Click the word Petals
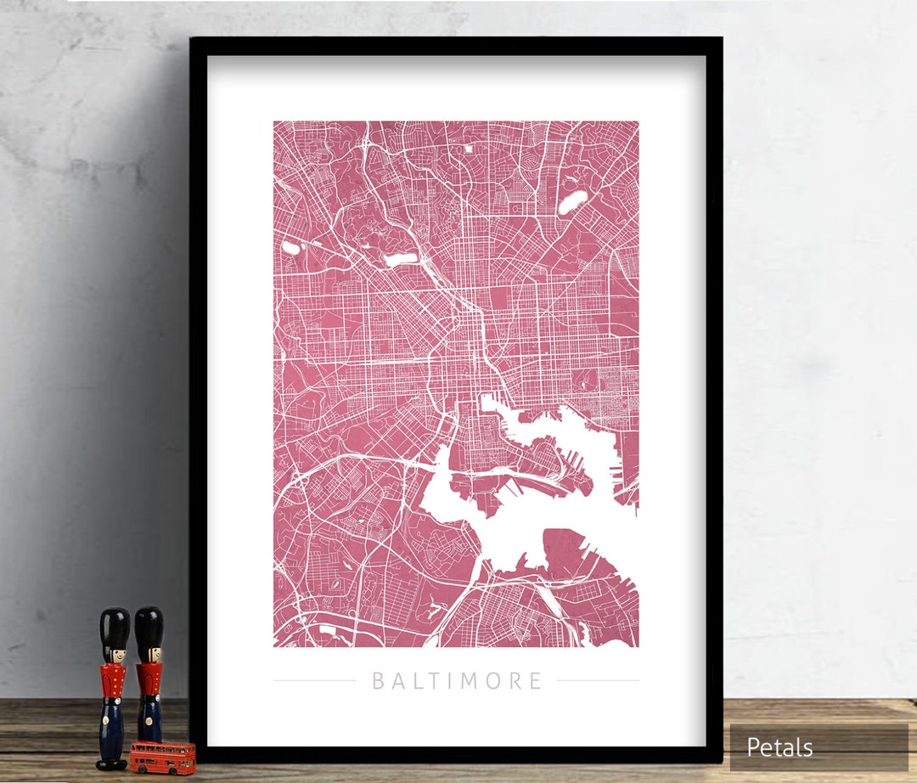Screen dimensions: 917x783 (779, 747)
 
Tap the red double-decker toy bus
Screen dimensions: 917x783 (162, 756)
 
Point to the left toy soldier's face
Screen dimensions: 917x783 (114, 655)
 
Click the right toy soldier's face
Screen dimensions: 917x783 (149, 654)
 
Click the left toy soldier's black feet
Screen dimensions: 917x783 (111, 763)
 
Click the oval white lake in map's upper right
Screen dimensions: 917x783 (572, 201)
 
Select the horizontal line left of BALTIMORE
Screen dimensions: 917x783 (314, 681)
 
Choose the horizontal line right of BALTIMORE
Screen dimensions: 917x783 (598, 681)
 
